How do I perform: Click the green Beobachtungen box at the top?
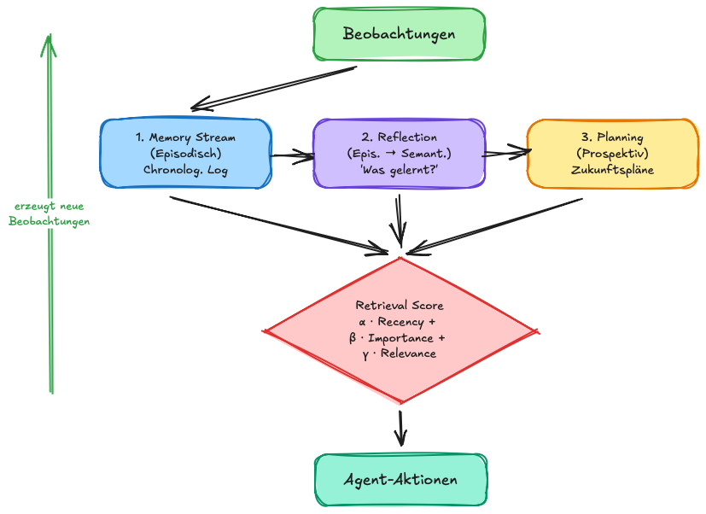click(x=399, y=34)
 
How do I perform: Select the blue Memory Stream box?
click(x=185, y=153)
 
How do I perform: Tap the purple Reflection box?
click(x=399, y=153)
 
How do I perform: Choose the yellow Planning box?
click(x=611, y=153)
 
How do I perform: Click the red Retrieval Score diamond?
click(x=400, y=329)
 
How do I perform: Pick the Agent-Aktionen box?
click(x=400, y=481)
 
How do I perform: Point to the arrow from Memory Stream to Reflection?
click(x=292, y=155)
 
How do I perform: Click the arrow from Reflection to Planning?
click(x=505, y=154)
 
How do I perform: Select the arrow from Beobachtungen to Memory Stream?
click(x=273, y=89)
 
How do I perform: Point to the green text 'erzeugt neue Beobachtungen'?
click(x=50, y=213)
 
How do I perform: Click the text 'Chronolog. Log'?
click(x=185, y=170)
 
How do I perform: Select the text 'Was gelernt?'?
click(x=399, y=170)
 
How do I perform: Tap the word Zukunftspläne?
click(x=611, y=170)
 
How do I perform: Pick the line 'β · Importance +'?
click(x=398, y=337)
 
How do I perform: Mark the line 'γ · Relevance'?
click(x=399, y=353)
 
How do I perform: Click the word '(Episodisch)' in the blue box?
click(x=185, y=154)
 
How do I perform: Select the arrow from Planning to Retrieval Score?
click(x=499, y=225)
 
